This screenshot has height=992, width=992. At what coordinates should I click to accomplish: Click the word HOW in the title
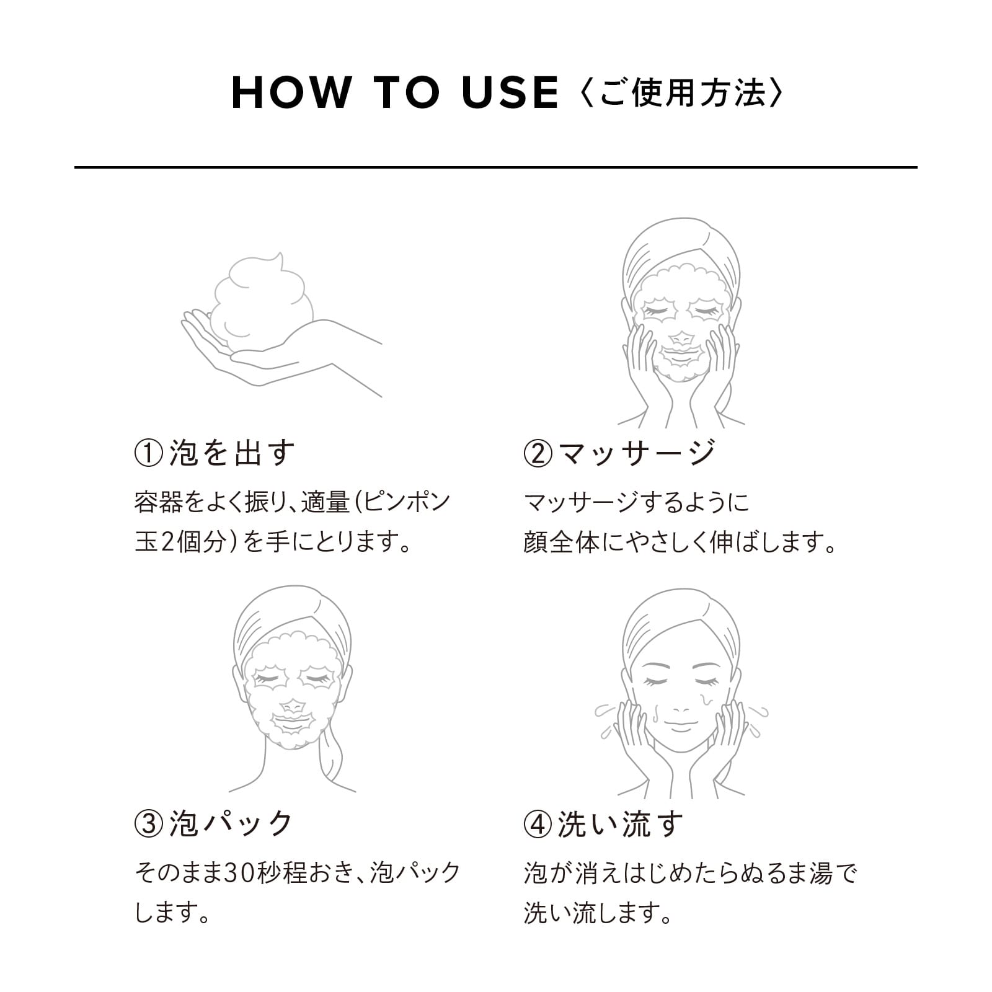coord(291,94)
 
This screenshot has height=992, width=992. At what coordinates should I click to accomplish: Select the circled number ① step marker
coord(148,453)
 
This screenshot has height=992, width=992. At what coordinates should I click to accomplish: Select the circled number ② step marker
coord(538,453)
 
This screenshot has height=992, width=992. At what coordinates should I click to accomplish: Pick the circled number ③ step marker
coord(148,824)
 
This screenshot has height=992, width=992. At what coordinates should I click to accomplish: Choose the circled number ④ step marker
coord(538,824)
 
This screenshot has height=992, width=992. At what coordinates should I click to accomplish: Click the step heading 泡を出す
coord(232,453)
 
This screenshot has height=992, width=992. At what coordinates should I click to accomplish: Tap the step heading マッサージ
coord(637,453)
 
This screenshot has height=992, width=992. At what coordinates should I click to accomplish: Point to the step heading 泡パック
coord(231,824)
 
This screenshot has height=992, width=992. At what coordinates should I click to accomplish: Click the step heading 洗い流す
coord(621,824)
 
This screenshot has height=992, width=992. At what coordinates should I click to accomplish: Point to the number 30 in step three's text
coord(237,873)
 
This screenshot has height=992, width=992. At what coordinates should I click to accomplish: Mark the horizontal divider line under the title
coord(496,167)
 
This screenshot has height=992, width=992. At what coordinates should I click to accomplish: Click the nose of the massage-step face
coord(681,339)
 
